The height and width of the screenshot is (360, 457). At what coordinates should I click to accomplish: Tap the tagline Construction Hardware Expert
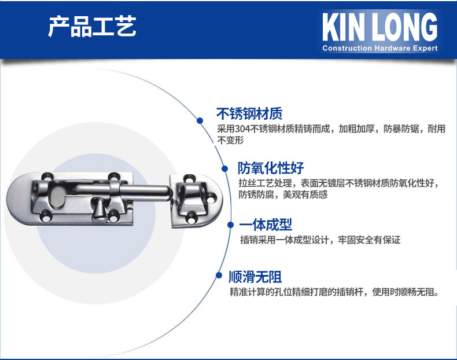379,48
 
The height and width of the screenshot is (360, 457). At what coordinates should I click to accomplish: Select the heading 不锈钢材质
249,113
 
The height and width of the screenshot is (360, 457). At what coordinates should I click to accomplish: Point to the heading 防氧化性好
271,168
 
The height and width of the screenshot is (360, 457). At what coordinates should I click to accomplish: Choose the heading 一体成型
266,225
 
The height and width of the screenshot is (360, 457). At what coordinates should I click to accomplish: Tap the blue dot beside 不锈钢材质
200,120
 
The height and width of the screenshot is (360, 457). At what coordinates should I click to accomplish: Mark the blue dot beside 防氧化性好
224,168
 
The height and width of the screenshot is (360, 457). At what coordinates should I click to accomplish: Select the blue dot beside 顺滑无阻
219,275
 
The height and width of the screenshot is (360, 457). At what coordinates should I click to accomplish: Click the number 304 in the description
243,128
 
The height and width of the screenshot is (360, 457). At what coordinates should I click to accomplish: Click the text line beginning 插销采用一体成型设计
320,240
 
